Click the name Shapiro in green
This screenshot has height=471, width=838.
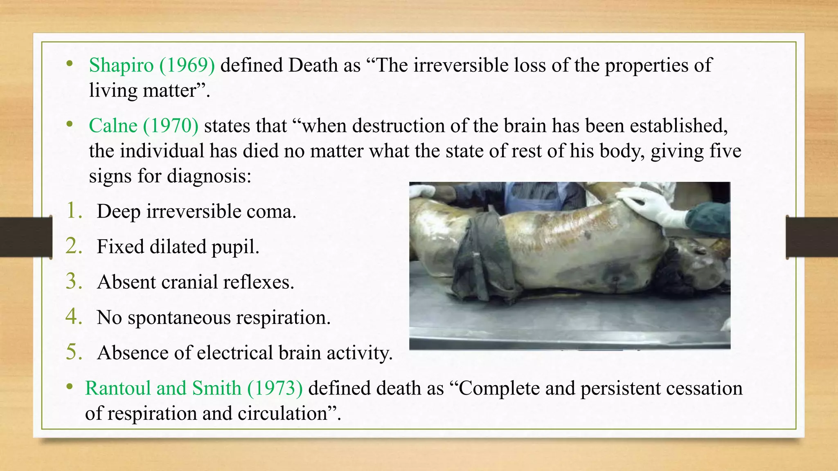click(121, 65)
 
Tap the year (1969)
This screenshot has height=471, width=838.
click(187, 65)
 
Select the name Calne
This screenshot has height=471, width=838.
click(113, 126)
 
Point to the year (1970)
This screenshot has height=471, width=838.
click(171, 126)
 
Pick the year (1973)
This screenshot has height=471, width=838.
click(275, 388)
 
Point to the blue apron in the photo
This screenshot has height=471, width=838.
click(532, 196)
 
